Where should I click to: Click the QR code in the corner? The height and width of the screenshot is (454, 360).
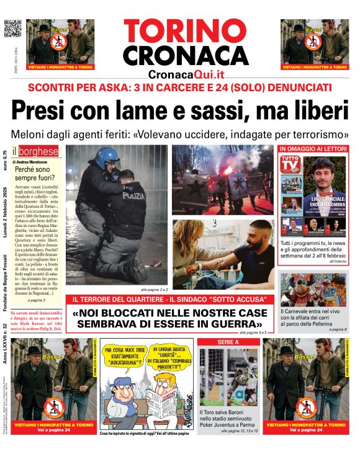coord(12,29)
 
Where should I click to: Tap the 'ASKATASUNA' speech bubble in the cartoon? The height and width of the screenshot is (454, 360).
coord(127,355)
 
